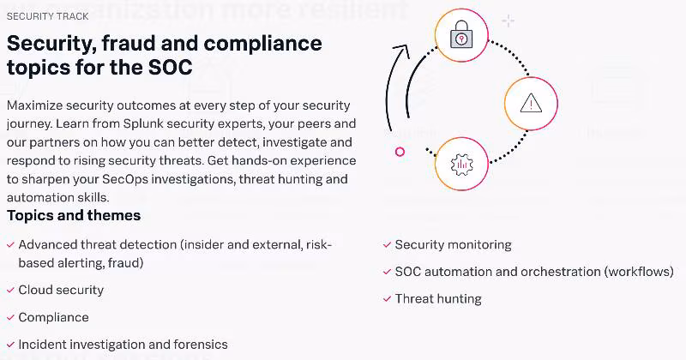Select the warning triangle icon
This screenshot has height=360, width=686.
tap(531, 104)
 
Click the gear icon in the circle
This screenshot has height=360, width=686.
tap(461, 163)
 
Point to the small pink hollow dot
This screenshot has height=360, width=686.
tap(400, 152)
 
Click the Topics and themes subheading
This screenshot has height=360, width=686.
tap(74, 215)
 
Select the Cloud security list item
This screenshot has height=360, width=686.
tap(61, 290)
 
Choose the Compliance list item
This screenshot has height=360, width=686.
tap(53, 317)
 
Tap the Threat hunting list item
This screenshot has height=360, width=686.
tap(438, 299)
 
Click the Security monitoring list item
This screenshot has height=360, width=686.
tap(453, 244)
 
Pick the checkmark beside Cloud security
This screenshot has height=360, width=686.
tap(10, 291)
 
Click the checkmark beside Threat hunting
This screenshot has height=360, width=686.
tap(387, 300)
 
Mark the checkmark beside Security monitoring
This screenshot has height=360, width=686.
tap(387, 245)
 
